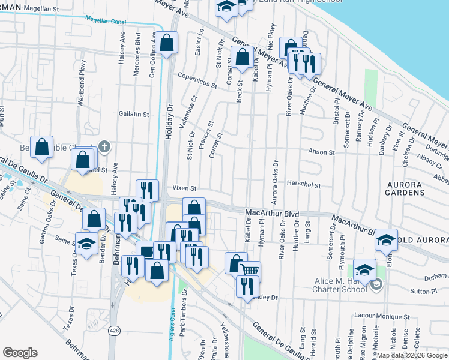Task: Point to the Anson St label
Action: [x=321, y=152]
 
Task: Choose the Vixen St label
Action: [x=185, y=188]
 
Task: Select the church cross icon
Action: [x=104, y=146]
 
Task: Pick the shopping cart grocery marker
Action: [x=250, y=270]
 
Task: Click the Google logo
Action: [x=20, y=353]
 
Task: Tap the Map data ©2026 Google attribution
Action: [x=412, y=355]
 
